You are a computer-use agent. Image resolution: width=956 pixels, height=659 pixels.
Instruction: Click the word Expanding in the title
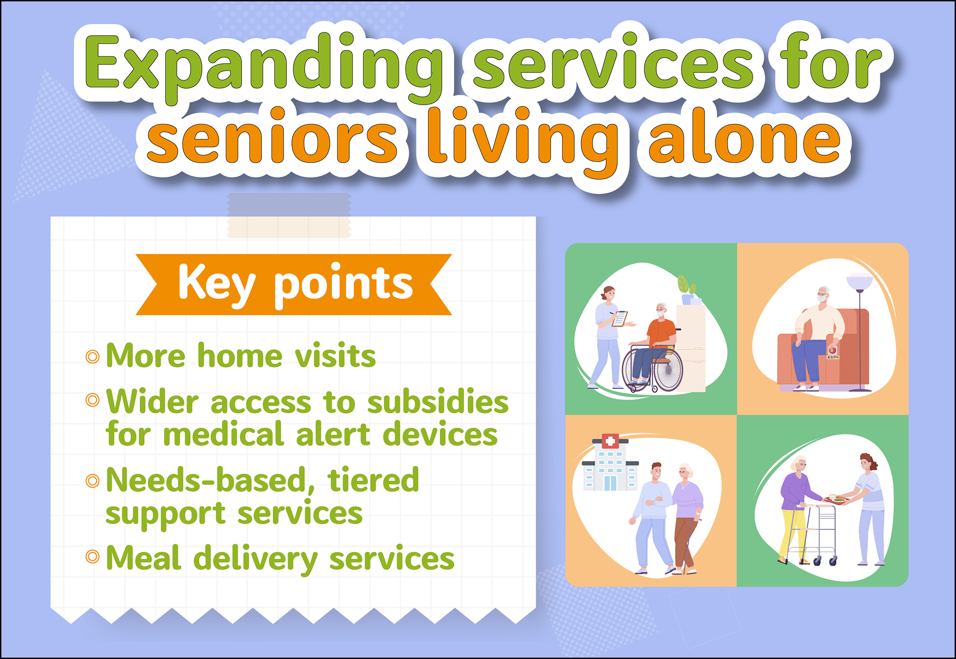tap(264, 66)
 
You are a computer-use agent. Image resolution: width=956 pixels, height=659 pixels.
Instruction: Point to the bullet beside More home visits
tap(92, 356)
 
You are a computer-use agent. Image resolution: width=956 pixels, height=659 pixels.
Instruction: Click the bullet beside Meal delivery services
tap(92, 556)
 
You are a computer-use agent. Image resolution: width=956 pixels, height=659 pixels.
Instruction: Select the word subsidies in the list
tap(438, 402)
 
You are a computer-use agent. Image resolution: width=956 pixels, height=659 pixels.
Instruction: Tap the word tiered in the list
tap(373, 480)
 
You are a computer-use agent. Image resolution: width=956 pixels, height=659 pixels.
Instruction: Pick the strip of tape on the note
tap(289, 215)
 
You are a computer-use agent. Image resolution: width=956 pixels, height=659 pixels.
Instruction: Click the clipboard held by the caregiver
tap(620, 318)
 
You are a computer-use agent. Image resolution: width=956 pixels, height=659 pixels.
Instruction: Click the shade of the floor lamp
tap(860, 281)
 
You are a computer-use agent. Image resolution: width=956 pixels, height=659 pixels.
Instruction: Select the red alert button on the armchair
tap(832, 351)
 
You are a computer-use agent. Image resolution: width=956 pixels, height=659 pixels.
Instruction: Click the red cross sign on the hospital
tap(610, 441)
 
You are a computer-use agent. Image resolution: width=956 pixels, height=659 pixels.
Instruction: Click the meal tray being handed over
tap(836, 500)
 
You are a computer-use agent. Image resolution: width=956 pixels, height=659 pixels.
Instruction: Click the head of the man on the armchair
tap(823, 295)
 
